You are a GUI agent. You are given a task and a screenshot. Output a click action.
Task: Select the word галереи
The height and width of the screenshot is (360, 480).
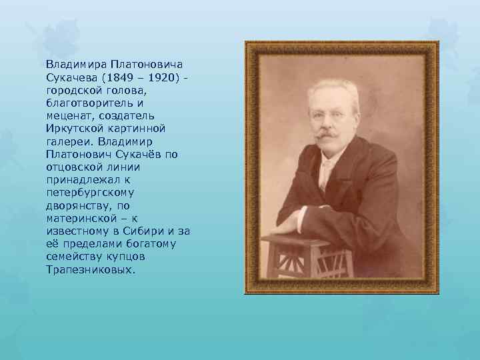tap(69, 141)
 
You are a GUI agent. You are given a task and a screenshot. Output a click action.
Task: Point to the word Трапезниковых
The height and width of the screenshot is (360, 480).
tap(91, 269)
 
